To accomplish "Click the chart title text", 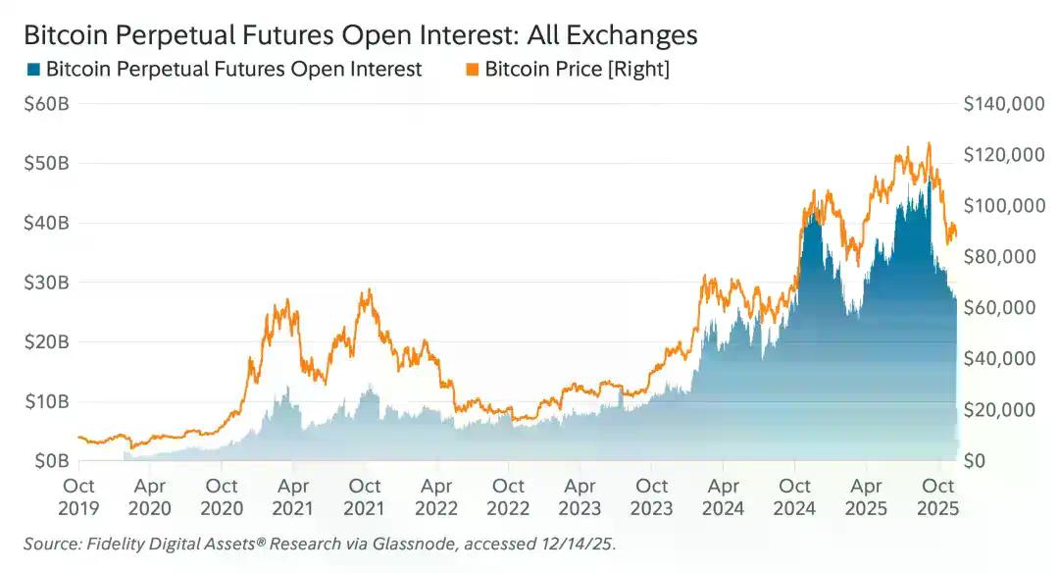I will click(360, 35).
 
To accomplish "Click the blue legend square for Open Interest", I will click(34, 70).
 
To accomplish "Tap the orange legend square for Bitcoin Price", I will click(472, 70).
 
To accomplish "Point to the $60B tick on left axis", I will click(45, 104).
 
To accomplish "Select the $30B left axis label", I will click(45, 283).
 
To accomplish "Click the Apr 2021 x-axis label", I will click(293, 496).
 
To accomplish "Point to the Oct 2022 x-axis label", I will click(508, 496).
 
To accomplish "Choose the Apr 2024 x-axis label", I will click(724, 496).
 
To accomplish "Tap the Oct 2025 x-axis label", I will click(939, 496).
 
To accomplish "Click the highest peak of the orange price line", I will click(928, 143).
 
